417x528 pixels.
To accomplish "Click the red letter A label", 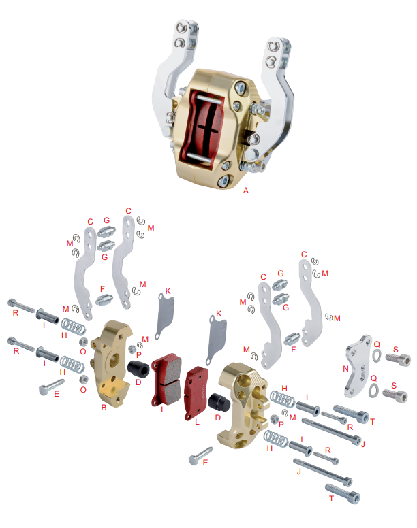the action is click(245, 191).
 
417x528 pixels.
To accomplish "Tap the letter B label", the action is click(104, 408).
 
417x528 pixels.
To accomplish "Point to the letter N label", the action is click(345, 369).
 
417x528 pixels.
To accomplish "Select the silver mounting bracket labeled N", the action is click(357, 366).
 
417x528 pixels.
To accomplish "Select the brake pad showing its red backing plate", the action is click(196, 393).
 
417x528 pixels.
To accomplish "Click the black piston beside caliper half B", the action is click(138, 369).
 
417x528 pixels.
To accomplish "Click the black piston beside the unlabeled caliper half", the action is click(219, 401).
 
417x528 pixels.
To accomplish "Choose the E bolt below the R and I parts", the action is click(51, 386).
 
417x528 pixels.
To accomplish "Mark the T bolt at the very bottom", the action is click(343, 493).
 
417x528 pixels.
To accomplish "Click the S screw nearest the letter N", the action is click(398, 359).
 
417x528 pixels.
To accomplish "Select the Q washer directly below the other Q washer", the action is click(373, 391).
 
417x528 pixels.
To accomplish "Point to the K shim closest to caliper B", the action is click(165, 315).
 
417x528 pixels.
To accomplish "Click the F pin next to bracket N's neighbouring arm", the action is click(292, 338).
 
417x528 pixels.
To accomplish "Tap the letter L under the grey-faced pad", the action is click(163, 410).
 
